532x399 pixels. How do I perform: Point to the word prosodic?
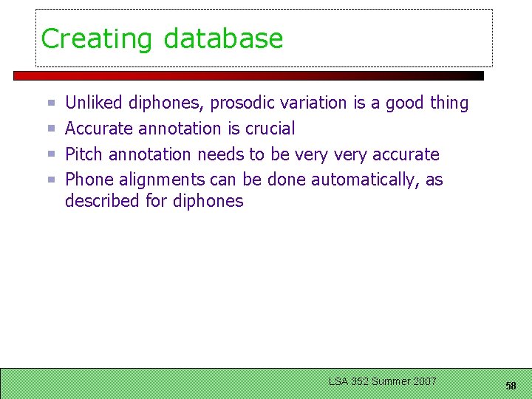point(240,103)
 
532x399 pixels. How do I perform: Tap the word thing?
point(449,103)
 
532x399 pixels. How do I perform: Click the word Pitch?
point(83,154)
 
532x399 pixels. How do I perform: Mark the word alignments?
point(158,180)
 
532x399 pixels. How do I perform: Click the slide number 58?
point(511,386)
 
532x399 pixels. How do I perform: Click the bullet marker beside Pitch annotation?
point(52,154)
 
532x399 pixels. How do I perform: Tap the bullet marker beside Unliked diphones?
point(52,103)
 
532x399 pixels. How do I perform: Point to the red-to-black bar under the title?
point(248,75)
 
